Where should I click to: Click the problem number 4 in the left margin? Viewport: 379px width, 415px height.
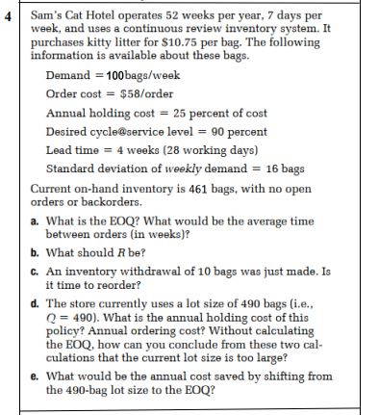click(x=9, y=16)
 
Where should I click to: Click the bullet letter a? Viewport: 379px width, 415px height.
click(x=35, y=220)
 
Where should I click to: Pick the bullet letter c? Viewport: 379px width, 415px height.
click(x=35, y=271)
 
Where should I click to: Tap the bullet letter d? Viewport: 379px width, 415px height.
click(x=35, y=302)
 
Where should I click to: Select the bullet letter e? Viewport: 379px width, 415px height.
click(x=35, y=376)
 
